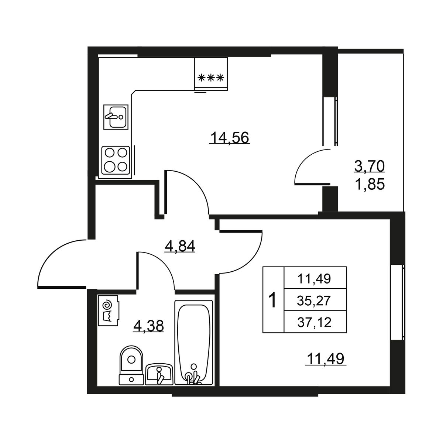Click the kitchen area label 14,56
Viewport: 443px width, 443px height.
click(x=230, y=138)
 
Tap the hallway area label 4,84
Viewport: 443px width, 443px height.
click(x=180, y=246)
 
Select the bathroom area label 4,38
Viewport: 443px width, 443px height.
click(x=148, y=326)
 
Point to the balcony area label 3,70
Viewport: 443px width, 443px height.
click(x=370, y=166)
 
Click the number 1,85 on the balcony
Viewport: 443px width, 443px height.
click(x=370, y=184)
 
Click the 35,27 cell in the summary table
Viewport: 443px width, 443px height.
click(x=314, y=301)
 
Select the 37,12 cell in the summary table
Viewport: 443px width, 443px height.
click(x=314, y=322)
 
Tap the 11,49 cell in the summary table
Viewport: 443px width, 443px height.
click(x=314, y=279)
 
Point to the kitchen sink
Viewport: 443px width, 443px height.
click(x=116, y=117)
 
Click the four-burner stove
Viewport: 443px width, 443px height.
click(x=116, y=160)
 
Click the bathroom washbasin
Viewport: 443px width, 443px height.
click(x=159, y=374)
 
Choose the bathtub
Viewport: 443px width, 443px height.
click(x=193, y=342)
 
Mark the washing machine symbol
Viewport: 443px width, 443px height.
click(x=109, y=310)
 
